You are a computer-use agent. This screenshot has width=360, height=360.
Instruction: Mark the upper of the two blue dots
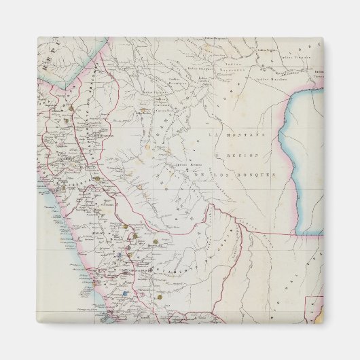point(116,255)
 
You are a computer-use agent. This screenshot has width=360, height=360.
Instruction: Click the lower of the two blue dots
point(126,293)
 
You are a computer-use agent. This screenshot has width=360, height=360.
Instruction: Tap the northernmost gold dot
point(70,107)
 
